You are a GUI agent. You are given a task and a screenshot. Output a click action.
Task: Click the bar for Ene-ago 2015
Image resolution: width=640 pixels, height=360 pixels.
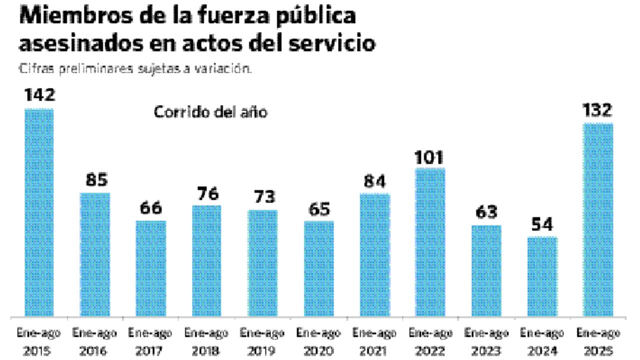(x=39, y=212)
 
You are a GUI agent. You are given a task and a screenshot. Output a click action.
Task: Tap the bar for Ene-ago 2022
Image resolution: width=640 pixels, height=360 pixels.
(x=430, y=242)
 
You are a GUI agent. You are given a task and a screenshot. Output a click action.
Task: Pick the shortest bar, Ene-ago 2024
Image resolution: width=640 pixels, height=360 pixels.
(x=542, y=276)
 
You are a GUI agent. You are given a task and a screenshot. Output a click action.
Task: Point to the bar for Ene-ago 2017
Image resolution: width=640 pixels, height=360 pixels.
(x=150, y=268)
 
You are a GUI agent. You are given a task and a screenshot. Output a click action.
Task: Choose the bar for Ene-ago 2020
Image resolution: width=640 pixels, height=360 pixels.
(x=318, y=268)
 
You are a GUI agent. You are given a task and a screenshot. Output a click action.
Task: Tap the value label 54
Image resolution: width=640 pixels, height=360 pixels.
(x=542, y=225)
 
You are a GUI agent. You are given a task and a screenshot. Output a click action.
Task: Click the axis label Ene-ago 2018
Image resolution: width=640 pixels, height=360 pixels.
(x=206, y=341)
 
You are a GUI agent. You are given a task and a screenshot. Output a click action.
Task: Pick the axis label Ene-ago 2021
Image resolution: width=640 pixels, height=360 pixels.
(x=374, y=341)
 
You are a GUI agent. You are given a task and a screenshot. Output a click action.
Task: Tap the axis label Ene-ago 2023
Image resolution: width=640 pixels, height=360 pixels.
(x=486, y=341)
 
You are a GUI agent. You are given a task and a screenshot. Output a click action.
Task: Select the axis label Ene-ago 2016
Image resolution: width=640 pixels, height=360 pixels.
(x=94, y=341)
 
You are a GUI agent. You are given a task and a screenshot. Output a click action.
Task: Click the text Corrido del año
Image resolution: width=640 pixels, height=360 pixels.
(x=210, y=112)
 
